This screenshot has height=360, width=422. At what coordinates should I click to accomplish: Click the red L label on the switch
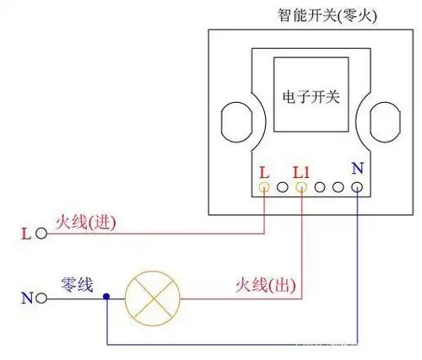[x=264, y=170]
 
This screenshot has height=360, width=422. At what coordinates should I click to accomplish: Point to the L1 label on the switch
[x=301, y=170]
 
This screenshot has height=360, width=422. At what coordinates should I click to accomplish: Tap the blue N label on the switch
[x=357, y=168]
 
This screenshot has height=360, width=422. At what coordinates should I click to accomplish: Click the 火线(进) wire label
[x=84, y=223]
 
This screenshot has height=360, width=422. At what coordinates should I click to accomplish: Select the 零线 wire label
[x=75, y=283]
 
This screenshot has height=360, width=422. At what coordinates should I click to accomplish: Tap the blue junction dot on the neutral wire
[x=106, y=297]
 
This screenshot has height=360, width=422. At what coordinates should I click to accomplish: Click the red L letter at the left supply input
[x=24, y=232]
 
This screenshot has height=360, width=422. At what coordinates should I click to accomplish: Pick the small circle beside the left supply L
[x=39, y=232]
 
